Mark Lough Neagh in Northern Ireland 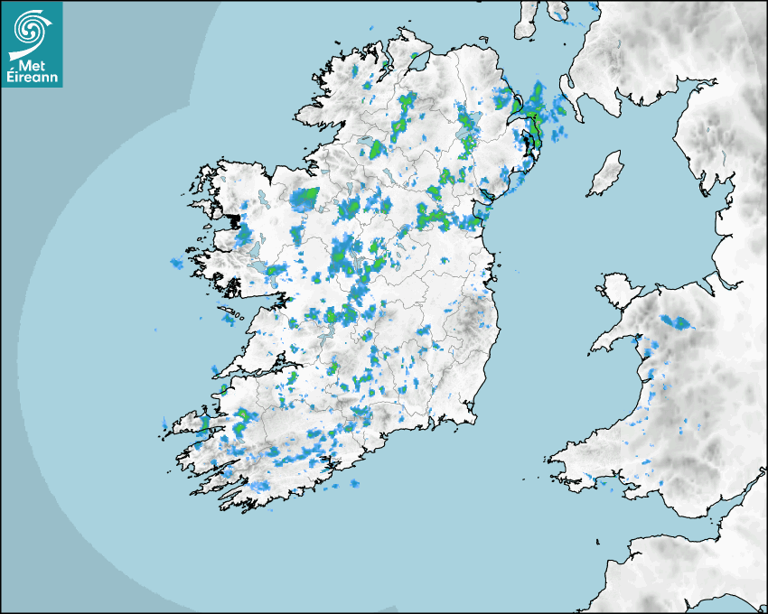pos(467,140)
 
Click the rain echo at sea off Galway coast pos(176,263)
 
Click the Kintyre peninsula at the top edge pos(527,20)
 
